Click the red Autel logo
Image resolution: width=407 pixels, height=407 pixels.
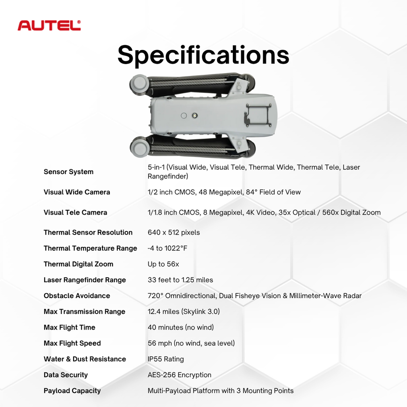click(49, 26)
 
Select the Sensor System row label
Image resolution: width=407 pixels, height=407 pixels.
click(68, 172)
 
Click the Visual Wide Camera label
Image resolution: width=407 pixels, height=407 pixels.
click(77, 192)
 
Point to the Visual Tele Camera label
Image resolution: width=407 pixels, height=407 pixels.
click(75, 212)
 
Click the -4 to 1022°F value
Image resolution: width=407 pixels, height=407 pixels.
click(167, 248)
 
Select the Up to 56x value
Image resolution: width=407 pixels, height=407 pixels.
click(163, 264)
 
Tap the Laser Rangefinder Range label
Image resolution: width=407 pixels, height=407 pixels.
click(85, 280)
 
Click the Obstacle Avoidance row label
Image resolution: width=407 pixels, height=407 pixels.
click(77, 296)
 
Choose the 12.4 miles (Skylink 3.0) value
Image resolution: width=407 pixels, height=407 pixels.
click(184, 312)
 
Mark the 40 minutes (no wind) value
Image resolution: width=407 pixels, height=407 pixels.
click(180, 328)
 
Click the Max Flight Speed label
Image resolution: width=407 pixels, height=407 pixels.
click(72, 343)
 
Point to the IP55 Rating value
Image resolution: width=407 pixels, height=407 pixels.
click(166, 359)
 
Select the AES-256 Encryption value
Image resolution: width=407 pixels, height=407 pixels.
click(179, 375)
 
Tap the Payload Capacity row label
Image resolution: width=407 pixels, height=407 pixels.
click(72, 391)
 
